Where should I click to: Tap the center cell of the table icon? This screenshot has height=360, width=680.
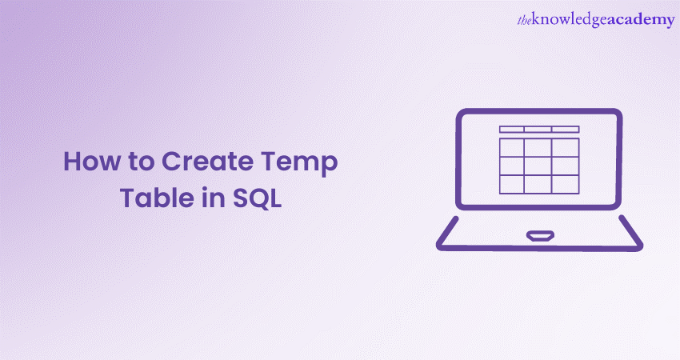538,166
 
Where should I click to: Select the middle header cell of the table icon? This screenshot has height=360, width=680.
538,129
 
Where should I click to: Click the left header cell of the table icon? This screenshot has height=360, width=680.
512,129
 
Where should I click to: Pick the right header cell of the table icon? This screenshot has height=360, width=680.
565,129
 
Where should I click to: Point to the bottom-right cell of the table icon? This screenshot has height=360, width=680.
565,184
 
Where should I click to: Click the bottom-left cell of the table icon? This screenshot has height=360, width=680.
512,184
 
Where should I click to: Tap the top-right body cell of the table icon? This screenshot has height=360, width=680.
565,147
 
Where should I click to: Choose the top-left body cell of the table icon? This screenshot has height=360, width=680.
512,147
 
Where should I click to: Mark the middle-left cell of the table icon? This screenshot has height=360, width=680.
512,166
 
